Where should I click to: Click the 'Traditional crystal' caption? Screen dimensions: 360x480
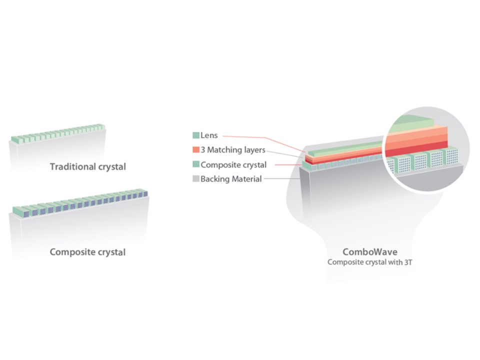coord(87,166)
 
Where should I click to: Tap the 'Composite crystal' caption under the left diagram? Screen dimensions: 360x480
coord(87,252)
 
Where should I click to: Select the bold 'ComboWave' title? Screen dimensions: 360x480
coord(369,252)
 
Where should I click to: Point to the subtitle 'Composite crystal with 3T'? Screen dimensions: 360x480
coord(369,261)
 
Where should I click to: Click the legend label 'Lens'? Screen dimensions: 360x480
coord(209,135)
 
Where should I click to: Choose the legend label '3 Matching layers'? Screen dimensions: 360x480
coord(232,150)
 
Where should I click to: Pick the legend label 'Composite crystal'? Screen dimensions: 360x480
coord(233,164)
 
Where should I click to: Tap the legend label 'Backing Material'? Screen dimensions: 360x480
coord(231,179)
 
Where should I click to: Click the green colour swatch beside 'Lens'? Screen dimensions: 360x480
coord(196,135)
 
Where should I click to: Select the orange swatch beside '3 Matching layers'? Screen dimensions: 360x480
coord(196,150)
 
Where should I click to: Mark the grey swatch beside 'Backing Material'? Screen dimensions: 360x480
coord(196,179)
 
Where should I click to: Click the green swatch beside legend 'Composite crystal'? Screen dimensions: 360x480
coord(196,164)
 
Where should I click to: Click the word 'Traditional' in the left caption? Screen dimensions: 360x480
coord(70,166)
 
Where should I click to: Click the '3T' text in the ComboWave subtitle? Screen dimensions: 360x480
coord(406,261)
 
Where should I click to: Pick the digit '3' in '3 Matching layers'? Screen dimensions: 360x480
coord(203,150)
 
